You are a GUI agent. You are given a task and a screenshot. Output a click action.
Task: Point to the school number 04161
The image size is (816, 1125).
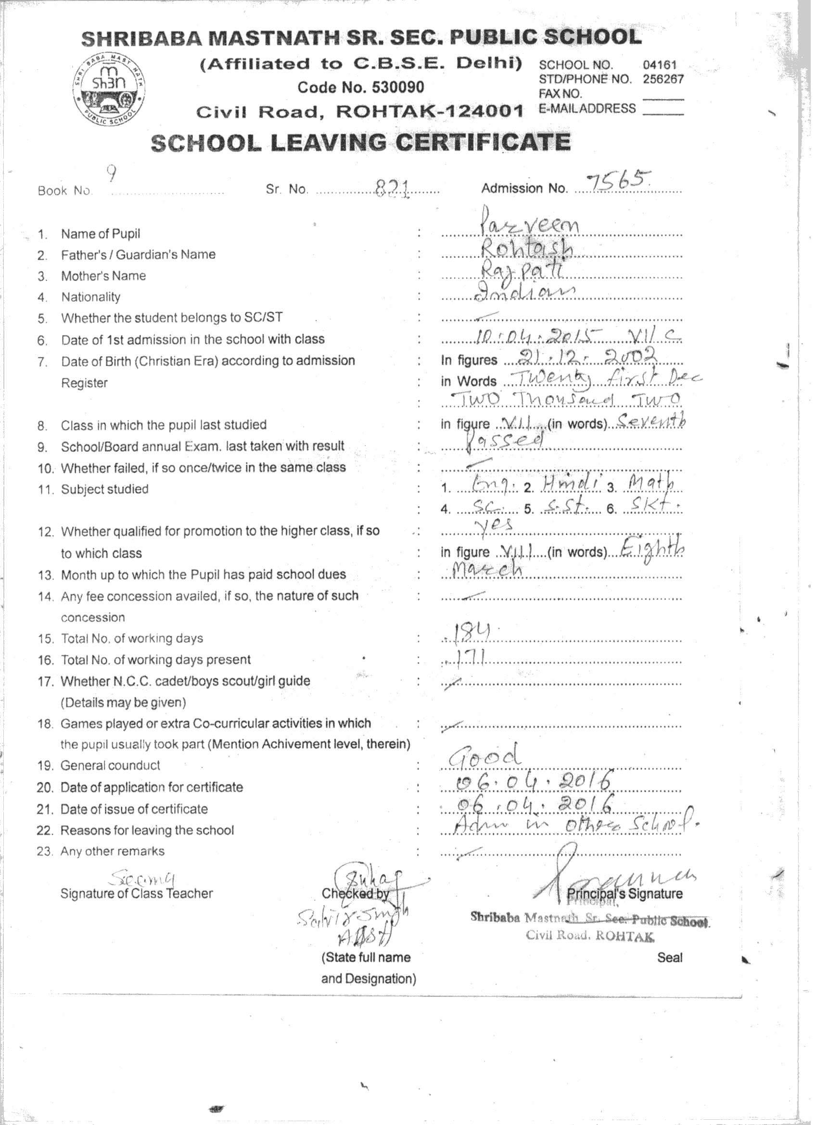click(660, 65)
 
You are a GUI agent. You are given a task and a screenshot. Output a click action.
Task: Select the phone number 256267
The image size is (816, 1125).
click(663, 79)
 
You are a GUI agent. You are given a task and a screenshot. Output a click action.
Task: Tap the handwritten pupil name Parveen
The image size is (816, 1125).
click(530, 228)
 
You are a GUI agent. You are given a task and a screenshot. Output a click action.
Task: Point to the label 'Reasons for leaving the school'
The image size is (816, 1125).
click(147, 830)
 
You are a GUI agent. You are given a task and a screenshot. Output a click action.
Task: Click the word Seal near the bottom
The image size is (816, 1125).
click(669, 958)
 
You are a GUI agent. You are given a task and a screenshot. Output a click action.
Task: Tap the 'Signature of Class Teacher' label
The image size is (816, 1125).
click(137, 894)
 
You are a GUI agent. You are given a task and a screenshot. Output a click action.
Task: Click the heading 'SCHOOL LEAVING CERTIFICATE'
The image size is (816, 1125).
click(360, 143)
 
